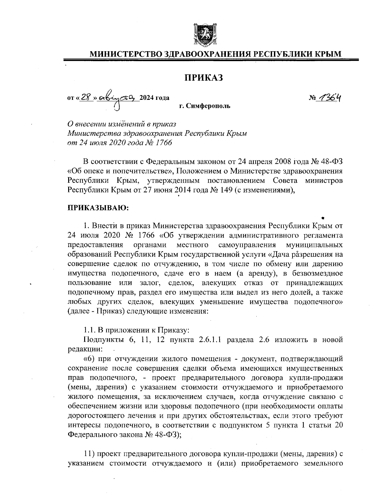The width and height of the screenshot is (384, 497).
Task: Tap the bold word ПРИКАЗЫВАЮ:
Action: click(98, 208)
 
